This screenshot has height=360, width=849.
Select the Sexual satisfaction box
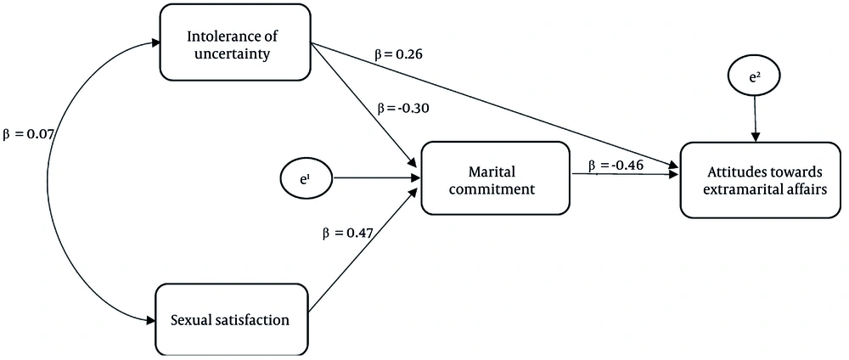[232, 320]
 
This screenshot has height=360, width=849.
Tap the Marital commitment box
[493, 180]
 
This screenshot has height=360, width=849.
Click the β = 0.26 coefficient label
[399, 53]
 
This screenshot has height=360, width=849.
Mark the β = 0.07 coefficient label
[31, 132]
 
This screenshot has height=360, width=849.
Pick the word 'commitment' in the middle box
[492, 188]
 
